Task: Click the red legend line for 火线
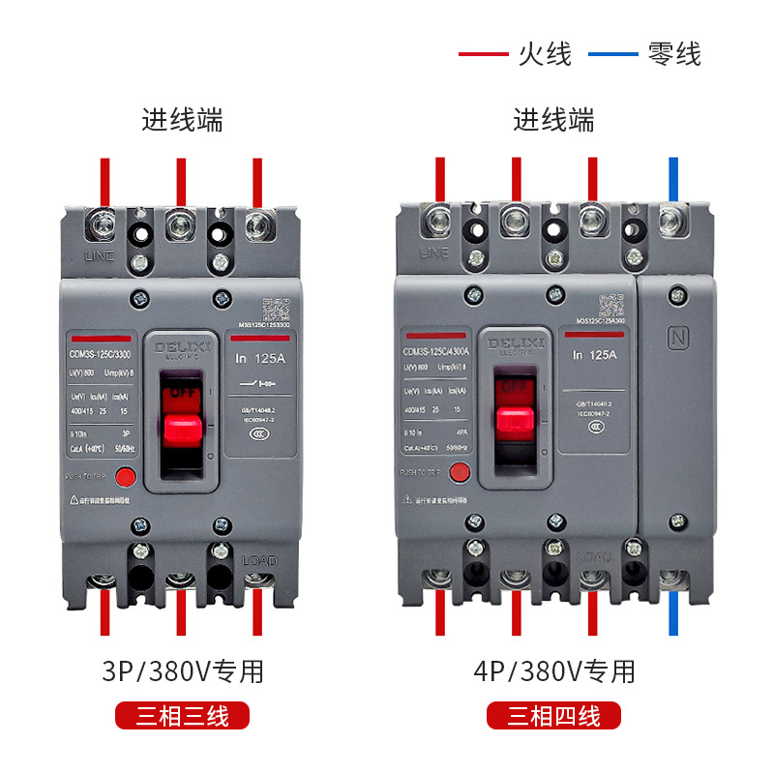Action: [482, 54]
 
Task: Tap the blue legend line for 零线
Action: [613, 54]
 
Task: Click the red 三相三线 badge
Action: [183, 716]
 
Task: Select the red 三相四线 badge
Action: [553, 716]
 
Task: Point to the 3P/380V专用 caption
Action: [183, 670]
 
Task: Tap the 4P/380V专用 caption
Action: [554, 670]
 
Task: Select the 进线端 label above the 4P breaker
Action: [553, 120]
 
